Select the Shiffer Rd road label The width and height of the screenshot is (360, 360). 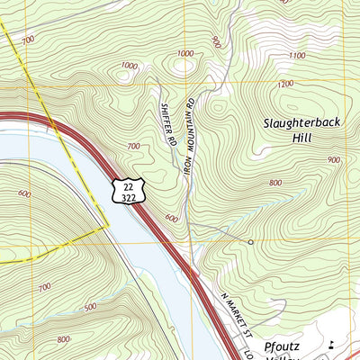click(166, 123)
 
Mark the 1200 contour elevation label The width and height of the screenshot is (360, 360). click(285, 84)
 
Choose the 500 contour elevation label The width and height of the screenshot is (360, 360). click(90, 308)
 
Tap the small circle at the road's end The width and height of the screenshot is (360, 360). click(251, 242)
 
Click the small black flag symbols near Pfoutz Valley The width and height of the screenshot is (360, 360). click(332, 344)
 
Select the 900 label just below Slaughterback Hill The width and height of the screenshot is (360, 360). click(334, 159)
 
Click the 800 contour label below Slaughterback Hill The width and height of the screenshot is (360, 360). click(275, 183)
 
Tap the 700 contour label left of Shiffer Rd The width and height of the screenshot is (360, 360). click(134, 146)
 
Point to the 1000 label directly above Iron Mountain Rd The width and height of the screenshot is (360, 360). click(185, 54)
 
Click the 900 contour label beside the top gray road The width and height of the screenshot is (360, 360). click(215, 41)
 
